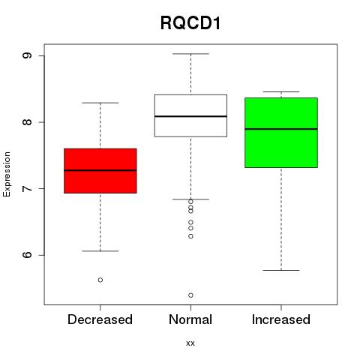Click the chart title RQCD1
point(190,23)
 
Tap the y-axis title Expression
point(7,174)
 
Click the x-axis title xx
point(190,343)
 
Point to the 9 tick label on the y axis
point(27,55)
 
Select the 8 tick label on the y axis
point(27,122)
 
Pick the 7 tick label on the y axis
point(27,188)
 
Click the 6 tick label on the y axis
point(27,255)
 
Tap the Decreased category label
point(100,319)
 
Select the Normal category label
point(190,319)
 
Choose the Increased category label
point(281,319)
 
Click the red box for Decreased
point(100,171)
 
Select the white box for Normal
point(190,115)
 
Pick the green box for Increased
point(281,133)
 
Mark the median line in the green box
point(281,129)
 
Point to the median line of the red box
point(100,170)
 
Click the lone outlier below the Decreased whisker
point(100,280)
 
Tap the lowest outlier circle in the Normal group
point(190,295)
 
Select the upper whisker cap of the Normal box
point(190,54)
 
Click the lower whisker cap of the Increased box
point(281,270)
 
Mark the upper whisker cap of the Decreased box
point(100,103)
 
